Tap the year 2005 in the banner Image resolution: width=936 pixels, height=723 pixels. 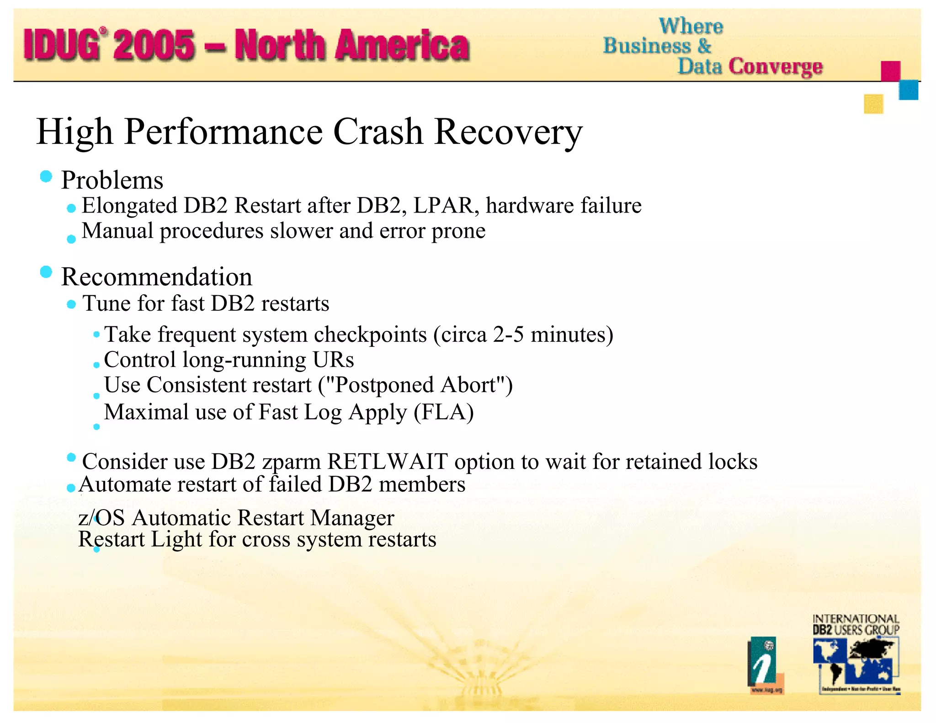coord(154,45)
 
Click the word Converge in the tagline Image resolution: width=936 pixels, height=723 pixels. coord(775,67)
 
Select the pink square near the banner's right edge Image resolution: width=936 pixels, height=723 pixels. coord(890,71)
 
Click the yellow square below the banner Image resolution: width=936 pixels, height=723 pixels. coord(873,104)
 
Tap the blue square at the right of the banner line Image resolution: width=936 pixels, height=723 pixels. coord(908,90)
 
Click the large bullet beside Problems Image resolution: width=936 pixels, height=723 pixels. coord(46,176)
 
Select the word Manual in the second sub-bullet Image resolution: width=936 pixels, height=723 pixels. coord(117,231)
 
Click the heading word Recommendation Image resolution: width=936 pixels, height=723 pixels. coord(156,277)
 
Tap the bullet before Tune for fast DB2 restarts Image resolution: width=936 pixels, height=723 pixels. coord(71,304)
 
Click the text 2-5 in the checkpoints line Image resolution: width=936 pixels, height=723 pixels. coord(508,335)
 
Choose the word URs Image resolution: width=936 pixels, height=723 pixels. coord(333,360)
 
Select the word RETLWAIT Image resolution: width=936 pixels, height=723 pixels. coord(387,462)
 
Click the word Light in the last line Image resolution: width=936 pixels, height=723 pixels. coord(176,539)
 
